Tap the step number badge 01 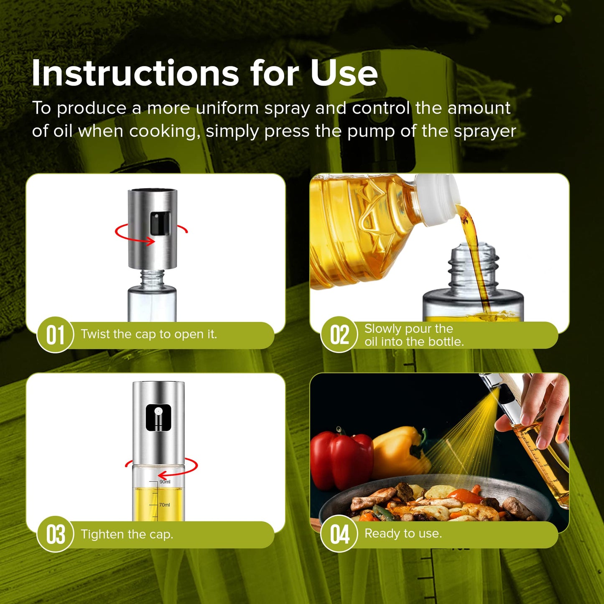coord(55,335)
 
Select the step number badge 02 coord(339,335)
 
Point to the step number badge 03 coord(55,534)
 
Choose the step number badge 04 coord(339,534)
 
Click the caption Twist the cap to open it coord(149,334)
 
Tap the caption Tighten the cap coord(127,534)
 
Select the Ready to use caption coord(403,533)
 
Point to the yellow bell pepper coord(399,451)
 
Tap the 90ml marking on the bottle coord(165,482)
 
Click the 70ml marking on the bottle coord(164,505)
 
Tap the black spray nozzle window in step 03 coord(158,417)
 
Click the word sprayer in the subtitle coord(485,131)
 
